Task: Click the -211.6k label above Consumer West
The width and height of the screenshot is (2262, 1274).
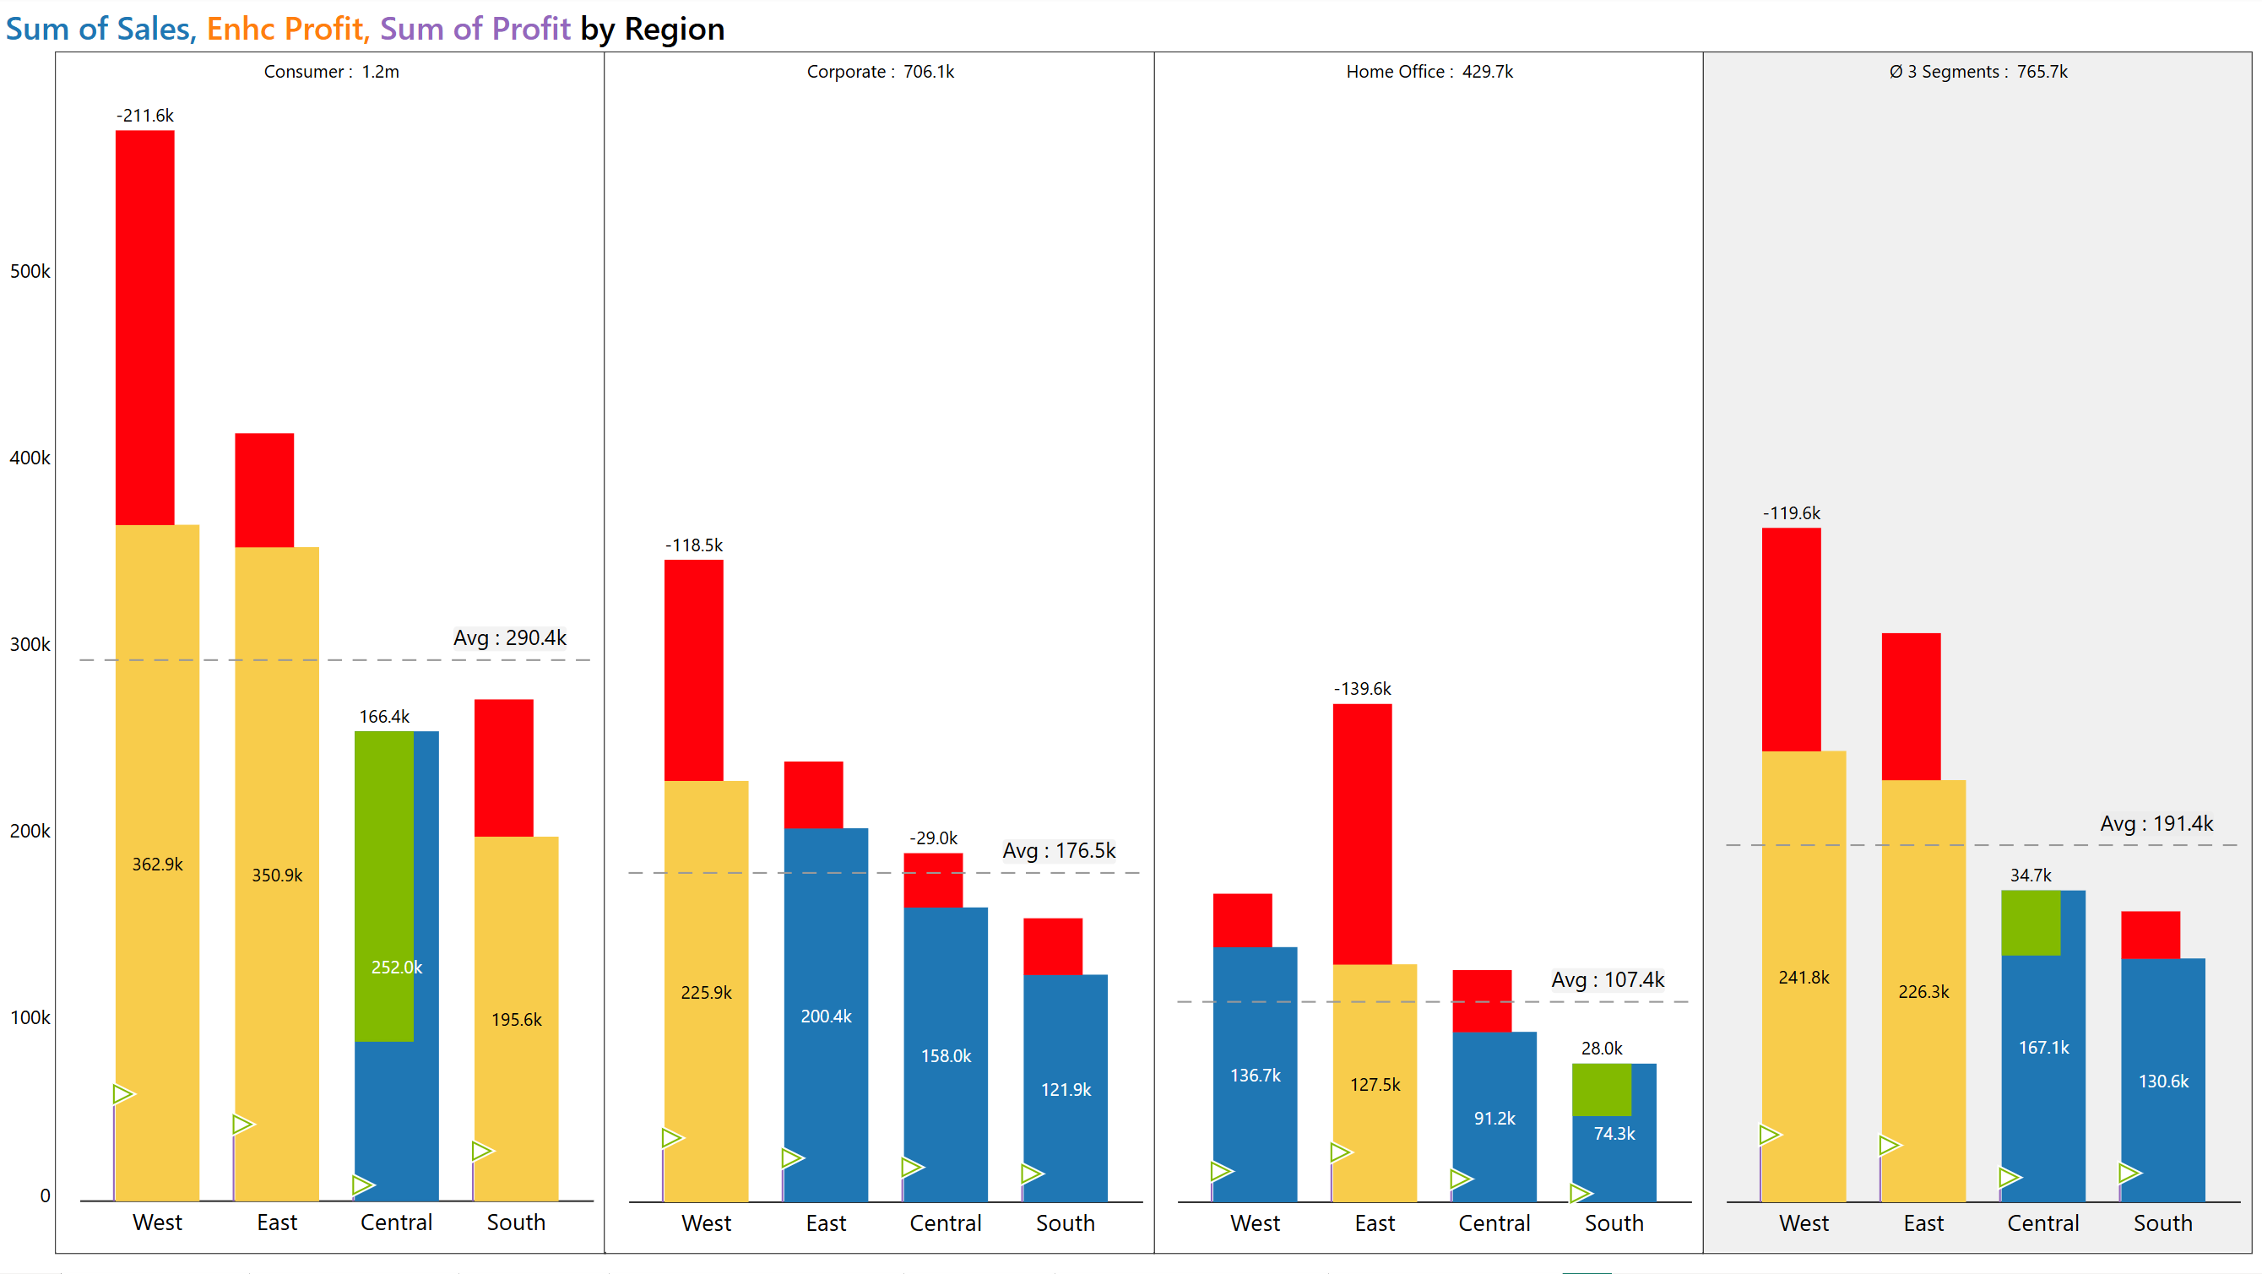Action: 145,116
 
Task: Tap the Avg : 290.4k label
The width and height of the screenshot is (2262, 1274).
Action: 509,638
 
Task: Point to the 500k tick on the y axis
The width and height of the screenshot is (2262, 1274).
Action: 30,271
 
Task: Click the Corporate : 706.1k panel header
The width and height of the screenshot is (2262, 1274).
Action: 880,72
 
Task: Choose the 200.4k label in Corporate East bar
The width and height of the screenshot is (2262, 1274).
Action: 826,1016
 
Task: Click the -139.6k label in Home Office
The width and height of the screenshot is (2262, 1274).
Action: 1362,689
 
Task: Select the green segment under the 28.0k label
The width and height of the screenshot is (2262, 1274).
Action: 1601,1090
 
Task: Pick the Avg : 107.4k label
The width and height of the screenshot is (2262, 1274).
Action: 1607,980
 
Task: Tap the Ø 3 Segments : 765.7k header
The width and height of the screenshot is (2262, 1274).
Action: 1977,72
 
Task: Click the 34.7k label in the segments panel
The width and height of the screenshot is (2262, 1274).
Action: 2030,876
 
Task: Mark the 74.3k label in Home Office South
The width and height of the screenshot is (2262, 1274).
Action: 1614,1134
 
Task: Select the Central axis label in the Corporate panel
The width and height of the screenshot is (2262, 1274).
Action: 945,1223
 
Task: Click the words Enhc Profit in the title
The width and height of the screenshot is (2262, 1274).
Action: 285,29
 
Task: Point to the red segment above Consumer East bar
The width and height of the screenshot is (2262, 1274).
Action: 264,490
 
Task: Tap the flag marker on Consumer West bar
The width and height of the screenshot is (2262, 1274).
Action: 123,1094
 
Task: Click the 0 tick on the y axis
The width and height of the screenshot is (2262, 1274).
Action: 45,1195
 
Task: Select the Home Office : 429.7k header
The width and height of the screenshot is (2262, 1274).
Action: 1429,72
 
